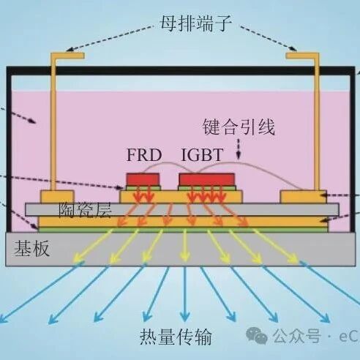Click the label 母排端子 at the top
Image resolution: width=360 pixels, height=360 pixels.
tap(196, 23)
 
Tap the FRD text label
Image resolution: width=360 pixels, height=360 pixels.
tap(144, 155)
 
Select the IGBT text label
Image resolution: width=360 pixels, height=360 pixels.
tap(202, 154)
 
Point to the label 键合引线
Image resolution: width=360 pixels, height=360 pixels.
tap(239, 127)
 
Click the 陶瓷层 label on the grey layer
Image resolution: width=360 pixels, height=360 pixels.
tap(85, 210)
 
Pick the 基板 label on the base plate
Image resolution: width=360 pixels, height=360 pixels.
tap(32, 248)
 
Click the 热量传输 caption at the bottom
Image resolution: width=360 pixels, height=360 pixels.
tap(176, 337)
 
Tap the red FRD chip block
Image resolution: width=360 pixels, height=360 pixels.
tap(143, 179)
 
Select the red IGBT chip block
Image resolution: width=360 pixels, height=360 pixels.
tap(207, 179)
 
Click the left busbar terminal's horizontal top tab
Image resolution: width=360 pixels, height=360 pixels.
tap(67, 56)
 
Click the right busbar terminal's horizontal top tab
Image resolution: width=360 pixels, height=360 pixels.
tap(302, 56)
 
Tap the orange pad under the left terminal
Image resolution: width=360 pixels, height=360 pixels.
tap(57, 197)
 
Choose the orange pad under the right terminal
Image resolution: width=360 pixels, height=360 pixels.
tap(304, 197)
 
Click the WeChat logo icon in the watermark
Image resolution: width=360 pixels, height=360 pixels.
tap(257, 335)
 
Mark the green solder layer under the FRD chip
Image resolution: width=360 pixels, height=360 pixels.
tap(143, 188)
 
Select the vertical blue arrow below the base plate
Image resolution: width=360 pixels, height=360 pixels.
tap(185, 293)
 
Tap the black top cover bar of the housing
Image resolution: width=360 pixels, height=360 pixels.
tap(181, 70)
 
